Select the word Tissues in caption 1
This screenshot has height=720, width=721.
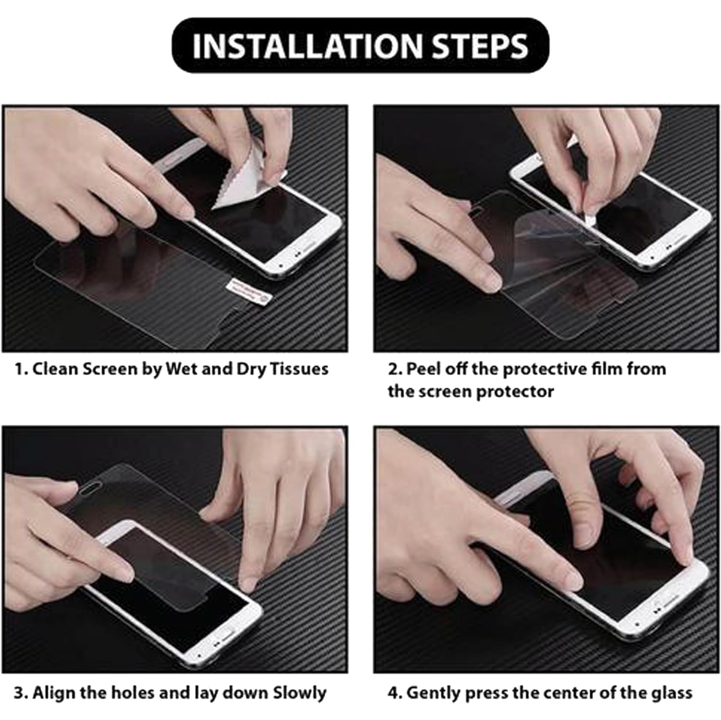(299, 369)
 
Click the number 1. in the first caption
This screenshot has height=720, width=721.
(21, 369)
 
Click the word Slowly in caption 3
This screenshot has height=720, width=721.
(299, 693)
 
